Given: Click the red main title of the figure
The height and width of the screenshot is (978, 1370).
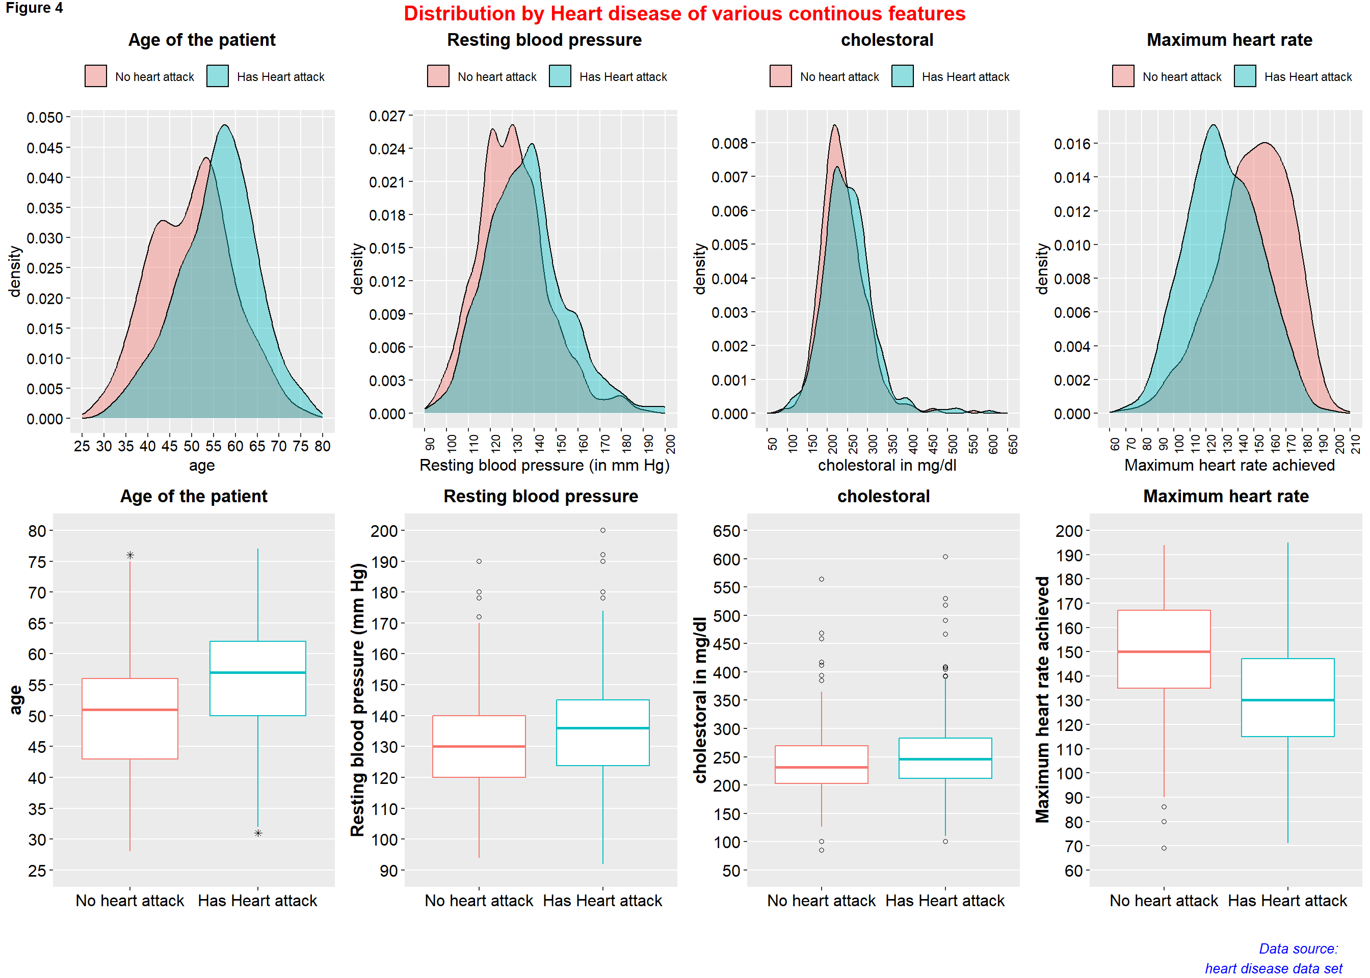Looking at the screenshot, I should tap(684, 13).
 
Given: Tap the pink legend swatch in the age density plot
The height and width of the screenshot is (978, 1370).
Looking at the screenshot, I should tap(96, 76).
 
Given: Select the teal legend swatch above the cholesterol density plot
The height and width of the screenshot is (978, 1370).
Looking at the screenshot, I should tap(902, 76).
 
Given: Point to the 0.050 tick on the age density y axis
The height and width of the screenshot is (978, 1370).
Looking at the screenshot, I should tap(44, 118).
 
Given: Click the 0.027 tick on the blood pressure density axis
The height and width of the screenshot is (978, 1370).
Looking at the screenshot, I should tap(387, 116).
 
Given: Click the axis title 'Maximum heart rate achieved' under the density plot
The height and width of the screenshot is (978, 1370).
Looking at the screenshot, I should tap(1229, 466).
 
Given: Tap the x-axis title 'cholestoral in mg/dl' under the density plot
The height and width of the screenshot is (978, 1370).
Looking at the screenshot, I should tap(887, 466).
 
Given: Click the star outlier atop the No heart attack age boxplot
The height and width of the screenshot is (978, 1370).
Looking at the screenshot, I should tap(130, 555).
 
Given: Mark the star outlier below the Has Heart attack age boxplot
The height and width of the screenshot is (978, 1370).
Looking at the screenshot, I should tap(258, 833).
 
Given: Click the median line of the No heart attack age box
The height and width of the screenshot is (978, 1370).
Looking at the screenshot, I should tap(130, 710).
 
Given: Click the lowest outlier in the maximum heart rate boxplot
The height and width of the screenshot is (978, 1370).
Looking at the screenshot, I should tap(1164, 848).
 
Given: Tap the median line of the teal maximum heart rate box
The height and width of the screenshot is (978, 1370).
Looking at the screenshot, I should tap(1287, 700).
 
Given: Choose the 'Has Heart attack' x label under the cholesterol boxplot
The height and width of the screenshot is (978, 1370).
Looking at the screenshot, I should tap(944, 901).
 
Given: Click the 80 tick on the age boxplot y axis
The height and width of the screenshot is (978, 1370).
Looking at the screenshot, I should tap(37, 531).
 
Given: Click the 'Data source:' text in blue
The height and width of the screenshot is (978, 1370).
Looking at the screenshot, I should tap(1298, 949).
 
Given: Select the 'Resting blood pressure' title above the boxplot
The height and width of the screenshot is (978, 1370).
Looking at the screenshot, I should tap(540, 496).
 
